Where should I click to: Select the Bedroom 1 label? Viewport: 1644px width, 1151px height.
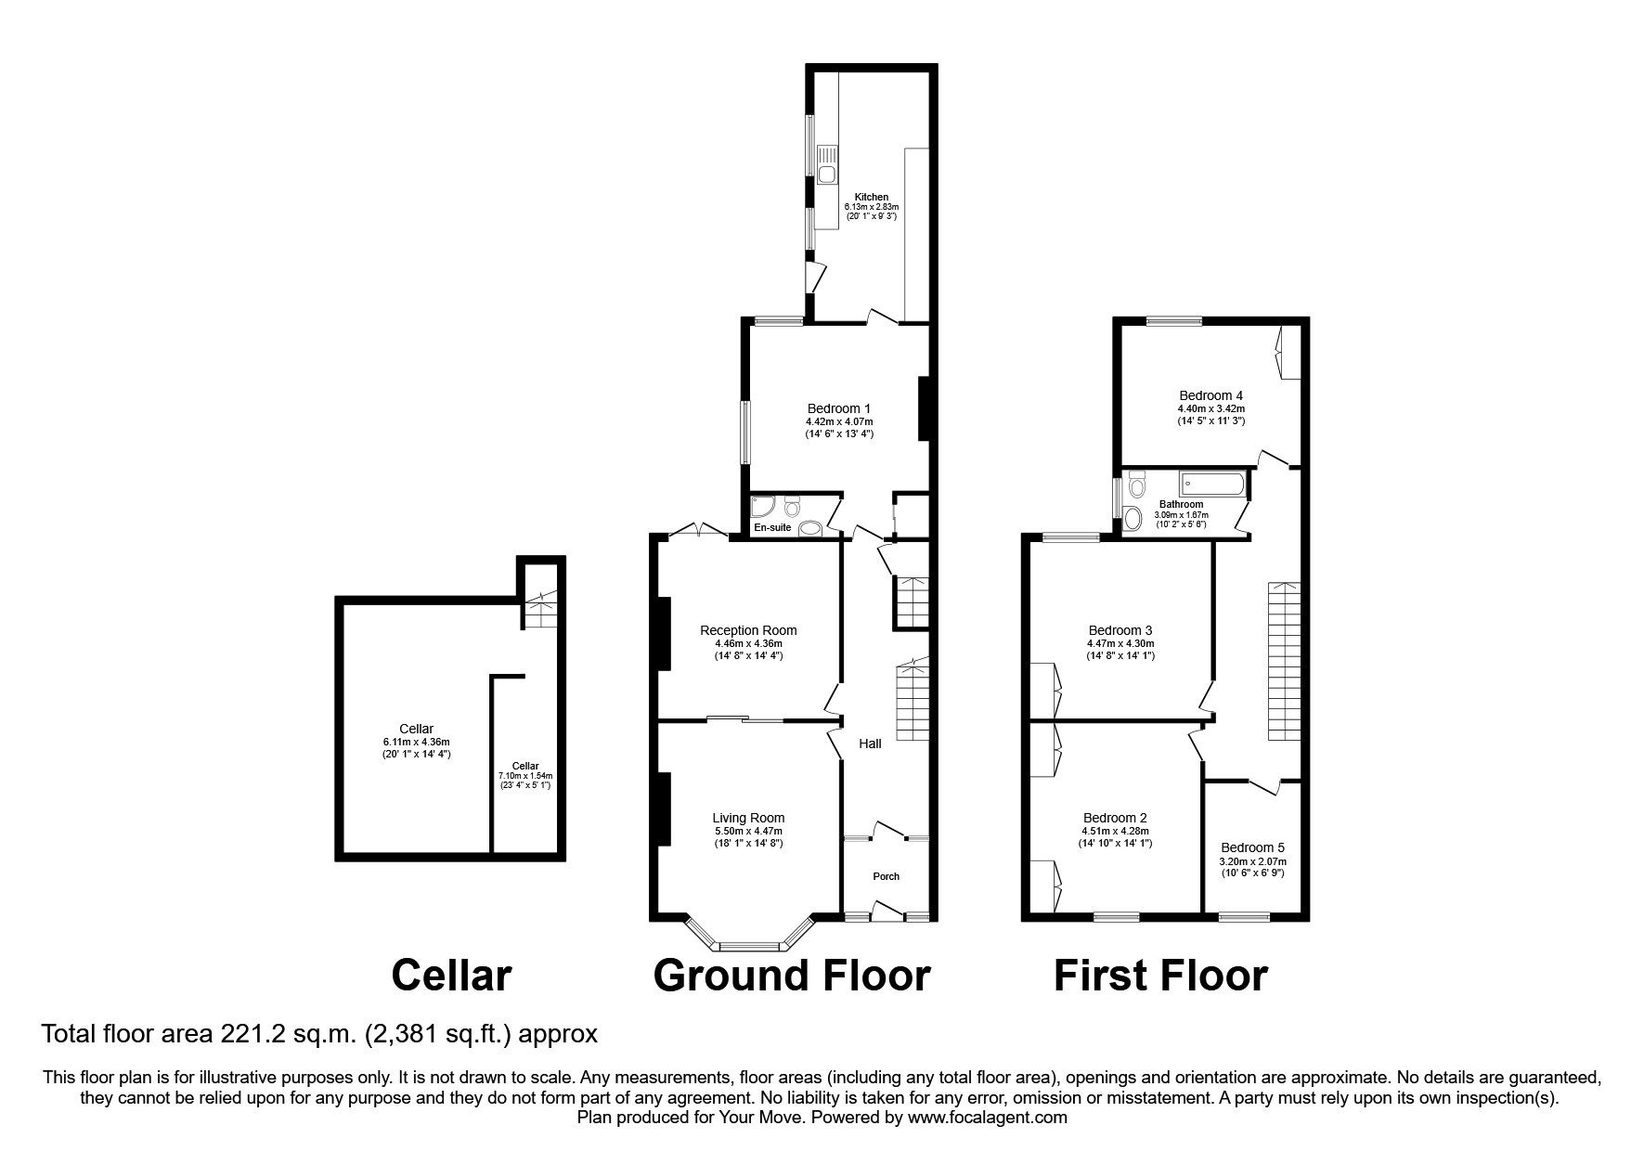coord(839,408)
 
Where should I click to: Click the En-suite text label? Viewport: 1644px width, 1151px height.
coord(772,527)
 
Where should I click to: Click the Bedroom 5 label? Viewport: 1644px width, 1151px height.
coord(1252,847)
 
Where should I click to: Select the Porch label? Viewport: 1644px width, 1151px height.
coord(887,876)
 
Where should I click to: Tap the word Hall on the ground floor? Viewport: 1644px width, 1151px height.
coord(870,744)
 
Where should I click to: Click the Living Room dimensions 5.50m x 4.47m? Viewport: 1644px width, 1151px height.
coord(748,831)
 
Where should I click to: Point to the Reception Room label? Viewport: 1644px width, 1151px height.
coord(748,630)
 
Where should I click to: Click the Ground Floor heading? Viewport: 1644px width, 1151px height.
coord(791,976)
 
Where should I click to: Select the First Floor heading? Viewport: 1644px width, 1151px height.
coord(1160,976)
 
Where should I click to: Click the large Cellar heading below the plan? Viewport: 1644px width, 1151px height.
coord(451,976)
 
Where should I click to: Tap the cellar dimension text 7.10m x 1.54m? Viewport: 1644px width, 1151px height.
coord(525,776)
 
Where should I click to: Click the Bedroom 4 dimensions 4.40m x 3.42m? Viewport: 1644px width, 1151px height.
coord(1210,408)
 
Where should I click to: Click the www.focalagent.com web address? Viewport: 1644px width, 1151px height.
coord(989,1118)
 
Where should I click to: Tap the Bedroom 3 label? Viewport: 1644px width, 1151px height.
coord(1120,630)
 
